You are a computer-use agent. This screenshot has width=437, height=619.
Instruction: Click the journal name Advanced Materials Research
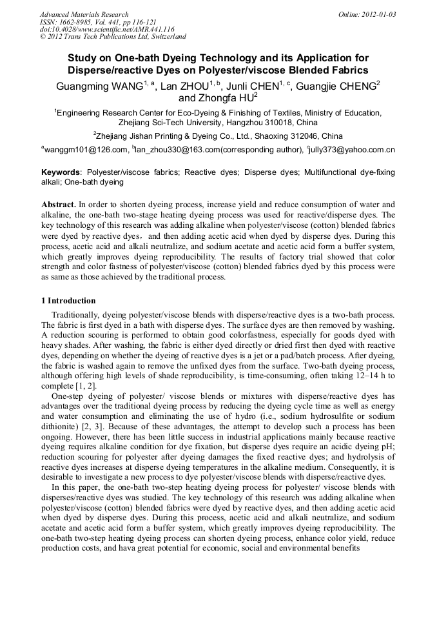[x=84, y=14]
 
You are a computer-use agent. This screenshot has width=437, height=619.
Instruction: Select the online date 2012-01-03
[x=381, y=14]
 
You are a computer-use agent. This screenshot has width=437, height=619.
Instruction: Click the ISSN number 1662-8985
[x=77, y=22]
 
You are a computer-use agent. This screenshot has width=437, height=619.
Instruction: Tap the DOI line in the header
[x=107, y=30]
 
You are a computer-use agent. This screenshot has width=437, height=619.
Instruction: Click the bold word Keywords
[x=61, y=173]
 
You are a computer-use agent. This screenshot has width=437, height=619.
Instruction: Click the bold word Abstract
[x=59, y=204]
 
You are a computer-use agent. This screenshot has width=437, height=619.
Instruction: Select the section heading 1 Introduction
[x=68, y=301]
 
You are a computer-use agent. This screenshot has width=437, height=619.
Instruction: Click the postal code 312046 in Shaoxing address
[x=306, y=136]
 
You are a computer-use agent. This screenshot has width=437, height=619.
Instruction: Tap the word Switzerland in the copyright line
[x=167, y=37]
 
